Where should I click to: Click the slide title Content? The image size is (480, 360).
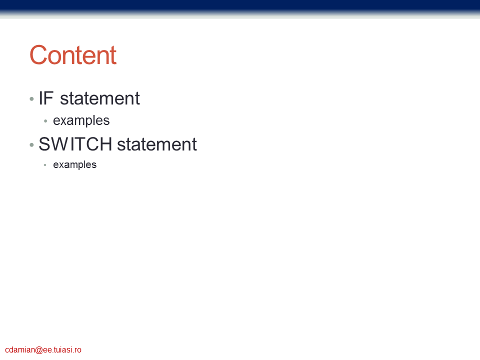(x=73, y=55)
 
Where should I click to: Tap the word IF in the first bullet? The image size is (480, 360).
(x=46, y=98)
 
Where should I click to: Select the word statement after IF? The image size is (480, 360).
(x=100, y=98)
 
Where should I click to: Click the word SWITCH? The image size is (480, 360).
(x=75, y=144)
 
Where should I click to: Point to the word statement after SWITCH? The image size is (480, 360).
(x=157, y=144)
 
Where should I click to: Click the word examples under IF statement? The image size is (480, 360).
(x=81, y=120)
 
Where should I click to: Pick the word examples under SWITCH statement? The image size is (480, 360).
(x=74, y=164)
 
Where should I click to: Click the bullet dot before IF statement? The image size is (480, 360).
(x=31, y=99)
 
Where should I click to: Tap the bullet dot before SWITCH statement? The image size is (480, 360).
(x=31, y=145)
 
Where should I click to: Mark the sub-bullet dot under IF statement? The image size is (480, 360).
(x=45, y=121)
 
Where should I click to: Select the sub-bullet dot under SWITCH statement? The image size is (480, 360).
(x=45, y=165)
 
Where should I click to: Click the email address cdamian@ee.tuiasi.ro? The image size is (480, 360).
(x=43, y=349)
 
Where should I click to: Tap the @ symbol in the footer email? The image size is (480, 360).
(x=39, y=350)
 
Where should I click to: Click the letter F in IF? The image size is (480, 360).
(x=48, y=98)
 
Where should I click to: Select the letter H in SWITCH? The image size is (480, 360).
(x=106, y=144)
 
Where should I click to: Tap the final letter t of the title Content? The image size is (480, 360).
(x=113, y=55)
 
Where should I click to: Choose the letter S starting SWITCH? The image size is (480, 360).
(x=44, y=144)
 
